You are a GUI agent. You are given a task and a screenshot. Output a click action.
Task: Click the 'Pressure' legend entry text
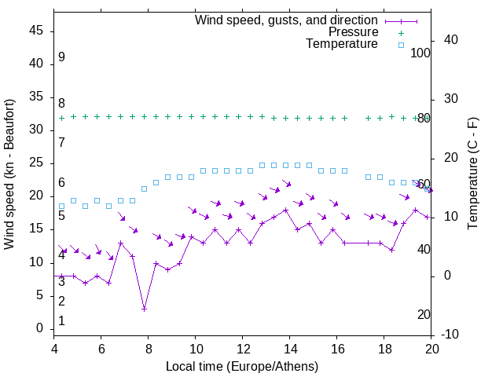(353, 32)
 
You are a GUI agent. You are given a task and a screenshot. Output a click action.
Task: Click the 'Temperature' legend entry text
(342, 44)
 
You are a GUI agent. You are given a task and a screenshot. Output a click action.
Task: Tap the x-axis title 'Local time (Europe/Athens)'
(242, 366)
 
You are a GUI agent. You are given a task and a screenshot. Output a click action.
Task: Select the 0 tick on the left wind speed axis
(39, 328)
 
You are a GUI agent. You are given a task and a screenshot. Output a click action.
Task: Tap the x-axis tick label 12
(242, 349)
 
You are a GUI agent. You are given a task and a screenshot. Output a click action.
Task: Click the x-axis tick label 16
(337, 349)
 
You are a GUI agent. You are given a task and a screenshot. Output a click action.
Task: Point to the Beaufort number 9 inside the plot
(61, 57)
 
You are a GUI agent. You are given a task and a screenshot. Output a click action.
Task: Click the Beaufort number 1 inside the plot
(61, 321)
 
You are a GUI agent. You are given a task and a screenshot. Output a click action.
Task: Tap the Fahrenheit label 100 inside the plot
(420, 53)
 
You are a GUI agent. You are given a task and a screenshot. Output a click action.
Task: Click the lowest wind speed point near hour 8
(144, 309)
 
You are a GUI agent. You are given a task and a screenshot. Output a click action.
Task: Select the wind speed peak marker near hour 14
(285, 210)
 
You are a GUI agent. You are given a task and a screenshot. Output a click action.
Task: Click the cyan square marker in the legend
(401, 45)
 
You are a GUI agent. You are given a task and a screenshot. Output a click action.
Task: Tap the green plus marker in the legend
(401, 33)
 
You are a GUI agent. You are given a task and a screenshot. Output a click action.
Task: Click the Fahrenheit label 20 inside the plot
(424, 315)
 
